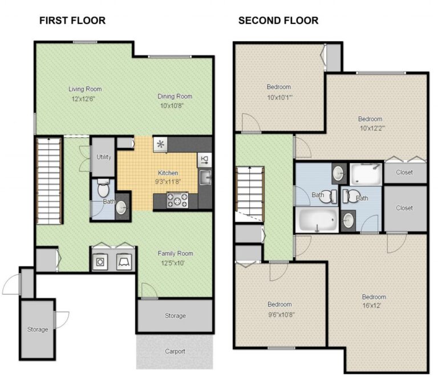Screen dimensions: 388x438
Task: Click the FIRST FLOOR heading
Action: tap(72, 21)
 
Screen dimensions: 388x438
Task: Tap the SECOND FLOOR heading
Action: tap(278, 21)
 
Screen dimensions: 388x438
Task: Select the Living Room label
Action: tap(85, 89)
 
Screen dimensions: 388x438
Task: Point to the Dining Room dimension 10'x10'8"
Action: tap(175, 105)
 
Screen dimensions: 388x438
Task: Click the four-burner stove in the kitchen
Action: tap(176, 200)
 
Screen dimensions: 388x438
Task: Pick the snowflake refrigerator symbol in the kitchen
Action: tap(161, 144)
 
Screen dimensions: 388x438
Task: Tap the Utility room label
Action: tap(104, 157)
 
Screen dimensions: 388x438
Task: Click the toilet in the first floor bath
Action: tap(103, 187)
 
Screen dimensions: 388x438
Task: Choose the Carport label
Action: tap(175, 351)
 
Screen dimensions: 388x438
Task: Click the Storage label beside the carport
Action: tap(175, 316)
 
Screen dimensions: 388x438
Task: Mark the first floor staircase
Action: tap(50, 180)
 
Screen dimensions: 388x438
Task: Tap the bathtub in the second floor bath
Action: tap(316, 220)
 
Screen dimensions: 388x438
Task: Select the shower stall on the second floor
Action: tap(365, 173)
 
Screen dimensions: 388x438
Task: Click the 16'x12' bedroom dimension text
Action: tap(374, 306)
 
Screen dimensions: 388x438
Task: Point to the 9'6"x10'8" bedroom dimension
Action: tap(279, 314)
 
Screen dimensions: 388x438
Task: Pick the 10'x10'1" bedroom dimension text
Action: tap(279, 97)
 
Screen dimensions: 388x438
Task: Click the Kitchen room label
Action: tap(168, 173)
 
